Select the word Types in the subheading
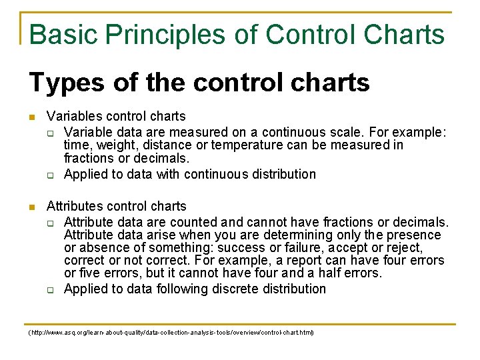click(x=66, y=83)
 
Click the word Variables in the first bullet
click(x=73, y=117)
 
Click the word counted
click(x=197, y=221)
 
